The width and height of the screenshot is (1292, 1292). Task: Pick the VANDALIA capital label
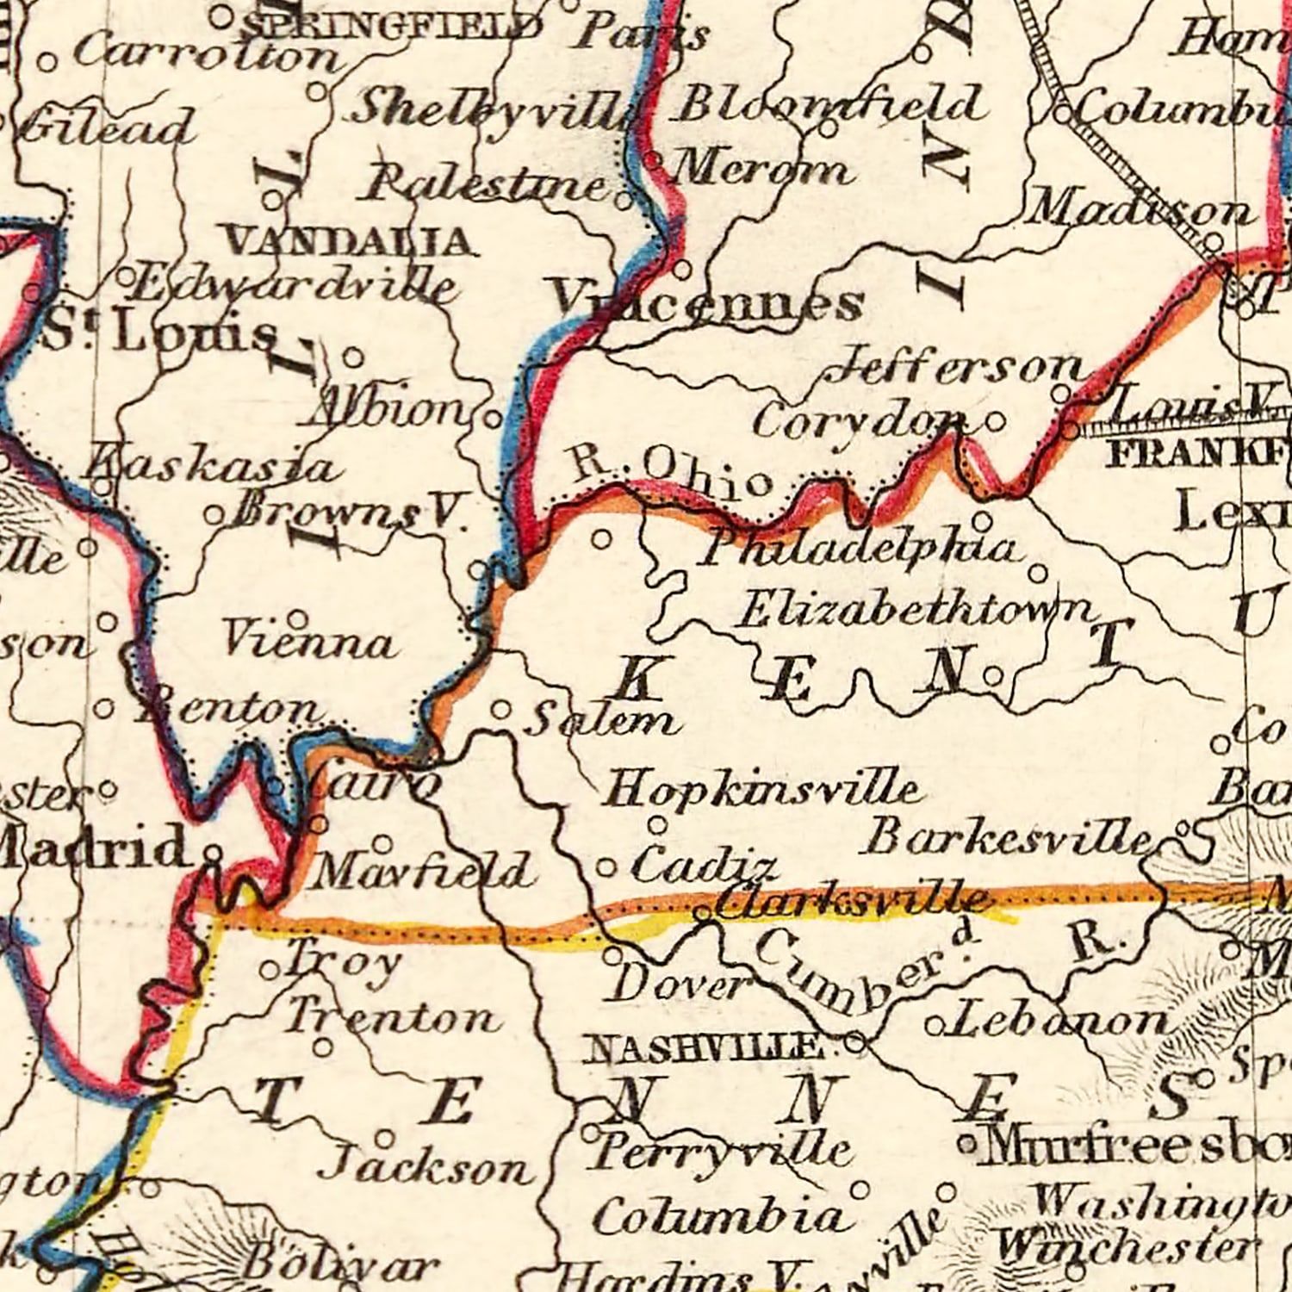(348, 242)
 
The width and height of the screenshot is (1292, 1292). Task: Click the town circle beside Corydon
(995, 423)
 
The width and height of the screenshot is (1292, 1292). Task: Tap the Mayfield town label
(422, 872)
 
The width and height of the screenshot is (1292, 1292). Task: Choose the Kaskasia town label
(211, 467)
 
